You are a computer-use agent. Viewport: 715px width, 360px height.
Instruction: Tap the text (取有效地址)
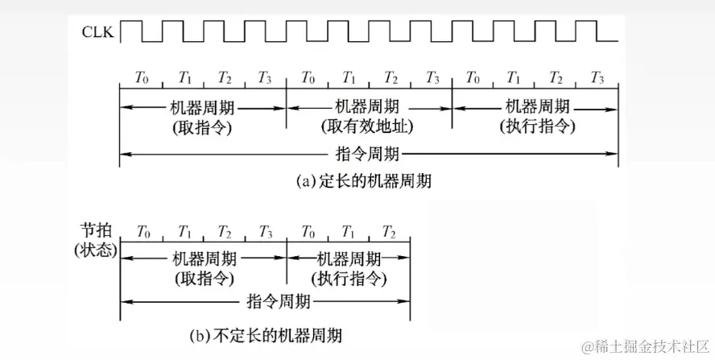point(368,126)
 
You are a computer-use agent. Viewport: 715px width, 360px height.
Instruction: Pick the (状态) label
point(96,250)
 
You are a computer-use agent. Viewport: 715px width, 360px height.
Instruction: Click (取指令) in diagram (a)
point(203,126)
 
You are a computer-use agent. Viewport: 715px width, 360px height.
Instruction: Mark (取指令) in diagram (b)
point(204,278)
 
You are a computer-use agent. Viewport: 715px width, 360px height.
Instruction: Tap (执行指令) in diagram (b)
point(349,278)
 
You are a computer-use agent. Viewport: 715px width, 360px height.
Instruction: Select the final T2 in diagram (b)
point(389,230)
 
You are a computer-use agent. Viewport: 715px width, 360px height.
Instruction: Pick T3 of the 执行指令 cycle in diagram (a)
point(597,78)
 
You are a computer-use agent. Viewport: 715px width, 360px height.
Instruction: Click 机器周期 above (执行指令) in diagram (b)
point(349,259)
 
